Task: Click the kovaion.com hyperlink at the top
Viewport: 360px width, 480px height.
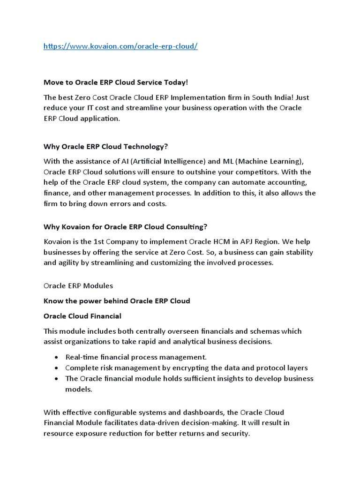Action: point(120,47)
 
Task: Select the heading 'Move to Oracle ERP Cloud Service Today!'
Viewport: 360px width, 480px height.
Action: point(115,82)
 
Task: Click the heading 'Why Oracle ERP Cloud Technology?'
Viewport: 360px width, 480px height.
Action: point(105,146)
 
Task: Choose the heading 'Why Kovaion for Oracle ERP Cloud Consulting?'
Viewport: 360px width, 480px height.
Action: point(125,227)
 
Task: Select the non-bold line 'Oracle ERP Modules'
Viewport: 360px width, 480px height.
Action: point(78,285)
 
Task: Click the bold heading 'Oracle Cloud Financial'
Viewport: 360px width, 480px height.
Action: point(82,316)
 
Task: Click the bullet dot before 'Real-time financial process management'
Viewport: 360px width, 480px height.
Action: point(57,358)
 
